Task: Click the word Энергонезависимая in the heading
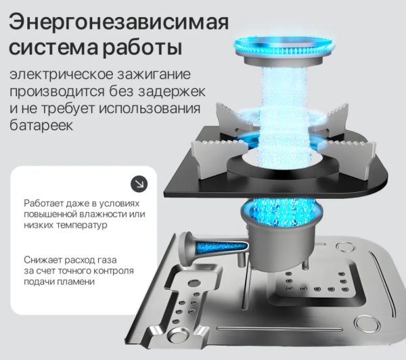coord(119,22)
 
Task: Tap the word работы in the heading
coord(142,48)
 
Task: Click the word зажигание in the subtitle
coord(154,74)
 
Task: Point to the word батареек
coord(41,125)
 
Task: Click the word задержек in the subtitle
coord(172,91)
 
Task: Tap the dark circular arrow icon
coord(139,184)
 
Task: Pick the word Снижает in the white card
coord(42,259)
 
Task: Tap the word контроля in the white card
coord(114,271)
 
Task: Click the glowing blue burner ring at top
coord(284,45)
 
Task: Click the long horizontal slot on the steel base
coord(280,330)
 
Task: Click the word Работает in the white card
coord(43,203)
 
